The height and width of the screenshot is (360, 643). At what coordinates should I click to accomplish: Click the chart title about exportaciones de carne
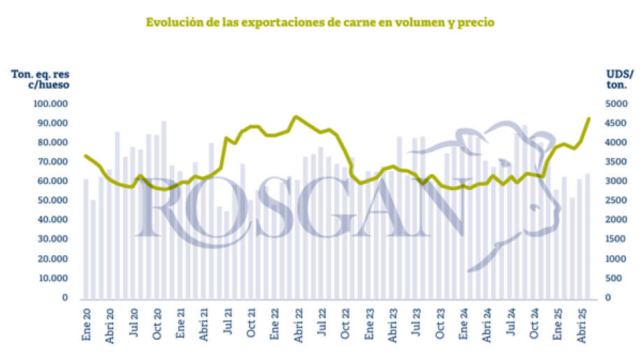[320, 22]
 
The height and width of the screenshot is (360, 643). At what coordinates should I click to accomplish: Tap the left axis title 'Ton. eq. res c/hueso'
[41, 79]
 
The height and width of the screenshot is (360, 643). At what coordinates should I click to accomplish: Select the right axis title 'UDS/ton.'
[619, 79]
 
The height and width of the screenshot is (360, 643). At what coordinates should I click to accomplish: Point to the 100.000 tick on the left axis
[50, 103]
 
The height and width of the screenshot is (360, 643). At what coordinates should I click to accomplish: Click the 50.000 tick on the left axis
[52, 201]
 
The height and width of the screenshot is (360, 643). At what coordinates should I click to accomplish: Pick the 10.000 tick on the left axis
[52, 278]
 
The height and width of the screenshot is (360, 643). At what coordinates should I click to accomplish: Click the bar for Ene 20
[86, 238]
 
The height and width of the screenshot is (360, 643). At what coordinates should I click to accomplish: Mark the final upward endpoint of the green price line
[588, 119]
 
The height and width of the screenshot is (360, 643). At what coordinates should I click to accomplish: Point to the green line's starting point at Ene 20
[85, 155]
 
